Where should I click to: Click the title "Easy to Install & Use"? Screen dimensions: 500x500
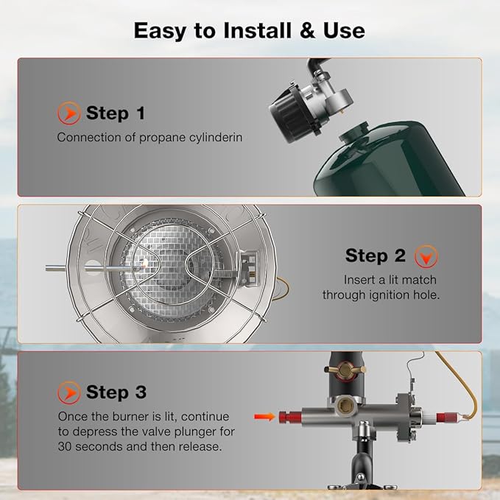click(x=249, y=30)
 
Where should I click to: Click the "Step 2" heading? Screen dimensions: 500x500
click(x=376, y=256)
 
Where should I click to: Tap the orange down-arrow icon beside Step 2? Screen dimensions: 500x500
click(x=426, y=256)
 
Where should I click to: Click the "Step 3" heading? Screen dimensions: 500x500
click(x=116, y=391)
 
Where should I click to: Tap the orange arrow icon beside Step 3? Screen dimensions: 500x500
click(x=68, y=391)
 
